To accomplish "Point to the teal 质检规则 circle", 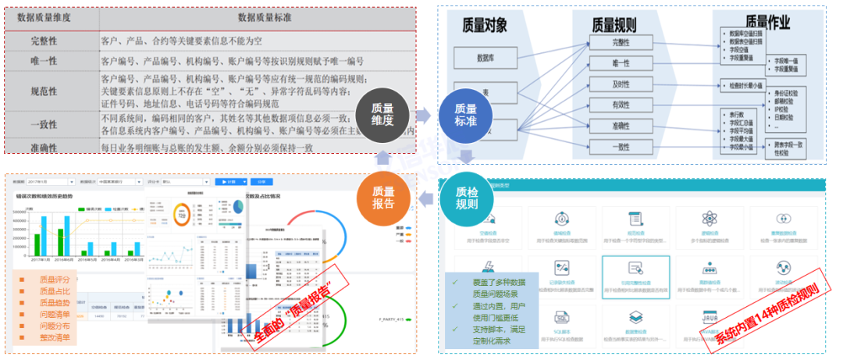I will click(x=466, y=198).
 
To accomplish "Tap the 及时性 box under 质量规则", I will click(x=621, y=84).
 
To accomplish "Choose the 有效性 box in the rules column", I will click(x=621, y=105).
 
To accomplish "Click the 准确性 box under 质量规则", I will click(x=621, y=126).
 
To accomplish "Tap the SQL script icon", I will click(x=560, y=319).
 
